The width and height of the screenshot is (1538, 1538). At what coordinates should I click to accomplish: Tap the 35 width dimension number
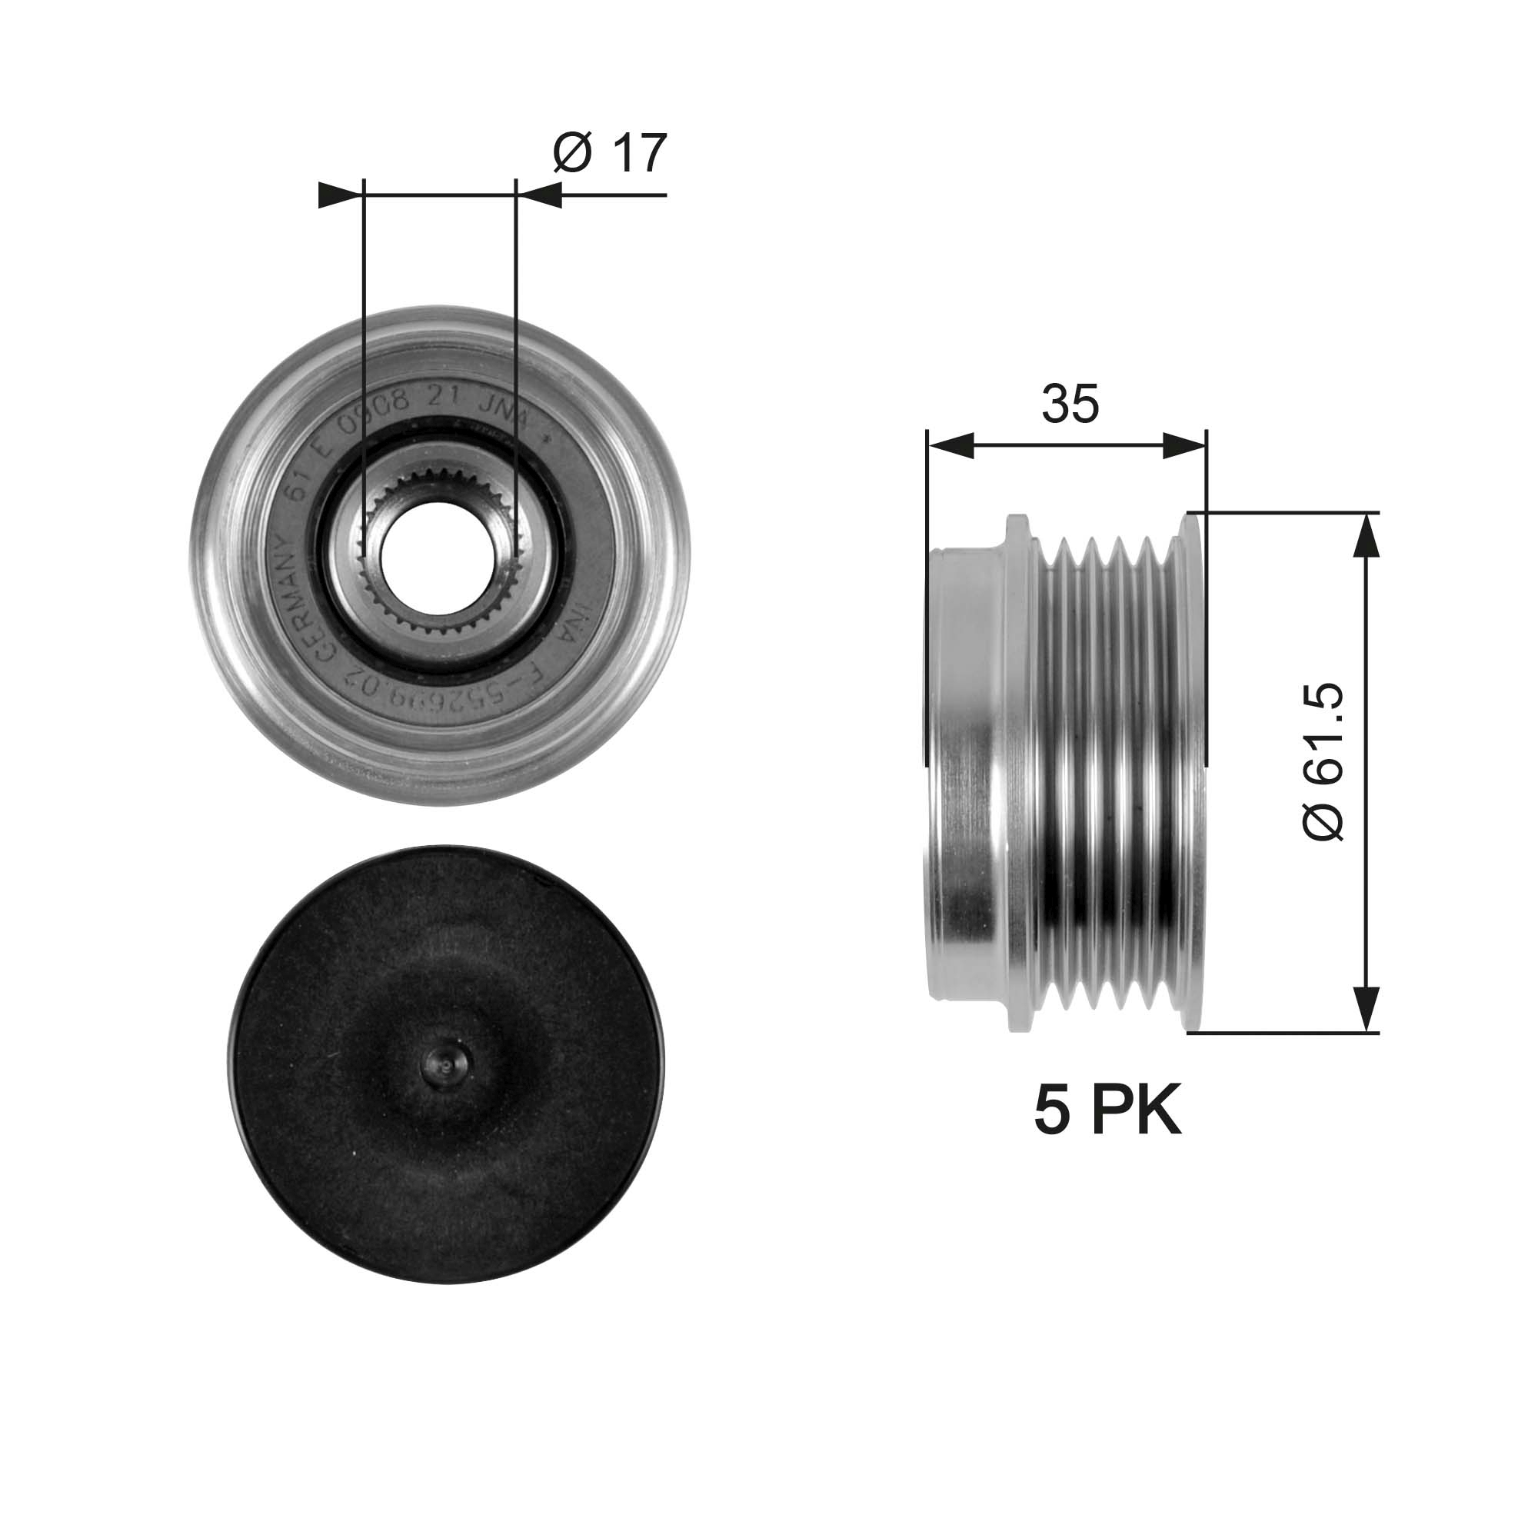pyautogui.click(x=1069, y=404)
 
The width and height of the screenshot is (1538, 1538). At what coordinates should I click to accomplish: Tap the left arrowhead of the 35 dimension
pyautogui.click(x=950, y=447)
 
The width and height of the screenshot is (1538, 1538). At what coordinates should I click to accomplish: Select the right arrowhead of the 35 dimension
pyautogui.click(x=1184, y=447)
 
